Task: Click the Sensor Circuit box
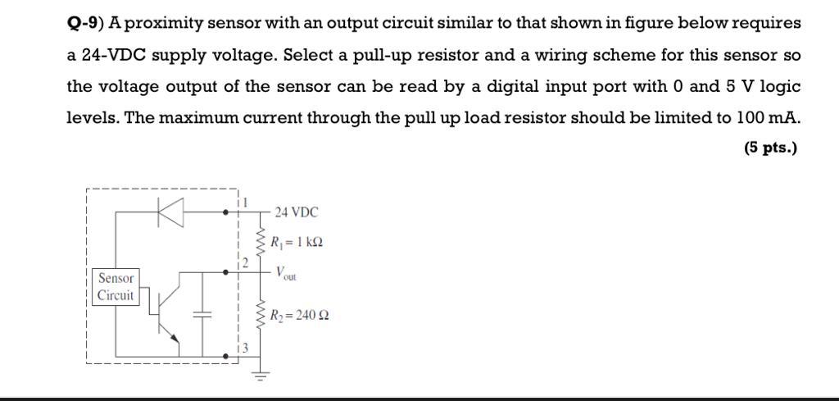point(116,287)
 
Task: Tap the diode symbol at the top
point(170,212)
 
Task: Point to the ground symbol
point(261,375)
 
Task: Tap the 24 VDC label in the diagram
point(296,212)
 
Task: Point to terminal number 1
point(244,200)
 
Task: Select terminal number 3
point(244,350)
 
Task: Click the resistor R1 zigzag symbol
point(261,241)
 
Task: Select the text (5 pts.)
point(769,148)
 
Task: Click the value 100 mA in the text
point(769,117)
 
